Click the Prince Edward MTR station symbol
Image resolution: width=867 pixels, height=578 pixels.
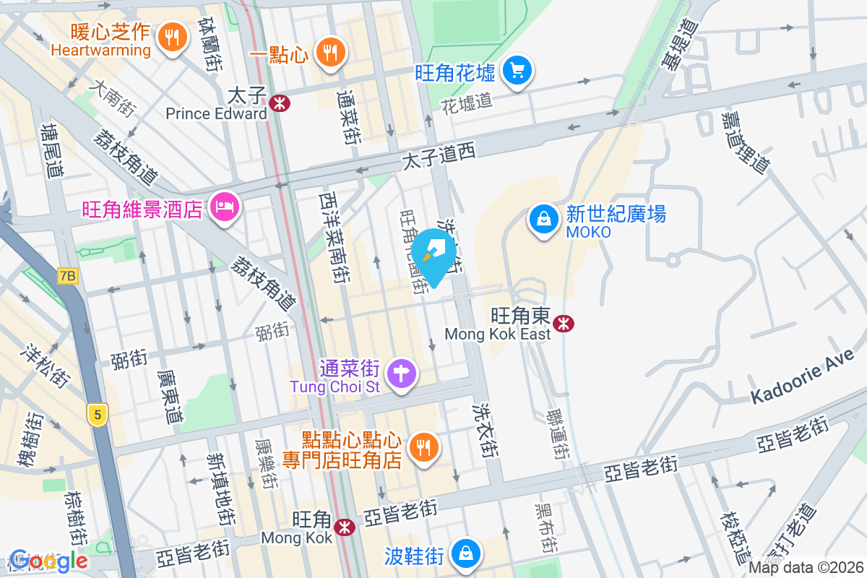[x=279, y=103]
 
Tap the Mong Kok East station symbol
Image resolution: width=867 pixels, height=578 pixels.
[x=563, y=323]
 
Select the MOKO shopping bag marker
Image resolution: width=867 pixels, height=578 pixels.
[x=543, y=218]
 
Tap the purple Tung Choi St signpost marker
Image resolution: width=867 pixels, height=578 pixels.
[x=401, y=374]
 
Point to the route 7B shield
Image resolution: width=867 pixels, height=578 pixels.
[x=68, y=275]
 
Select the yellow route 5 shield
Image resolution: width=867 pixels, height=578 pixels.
[x=97, y=414]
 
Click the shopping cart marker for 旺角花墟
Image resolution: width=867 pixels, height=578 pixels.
[x=517, y=71]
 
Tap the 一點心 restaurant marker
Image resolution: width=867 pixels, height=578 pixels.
[x=330, y=52]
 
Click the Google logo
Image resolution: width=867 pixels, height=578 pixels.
[x=48, y=560]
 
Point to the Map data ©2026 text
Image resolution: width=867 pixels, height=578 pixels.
[x=805, y=567]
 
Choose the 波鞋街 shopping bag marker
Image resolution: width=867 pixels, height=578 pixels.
[x=466, y=554]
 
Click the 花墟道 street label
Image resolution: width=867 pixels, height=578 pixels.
[x=467, y=101]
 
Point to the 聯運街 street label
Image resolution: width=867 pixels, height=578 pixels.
[x=557, y=433]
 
